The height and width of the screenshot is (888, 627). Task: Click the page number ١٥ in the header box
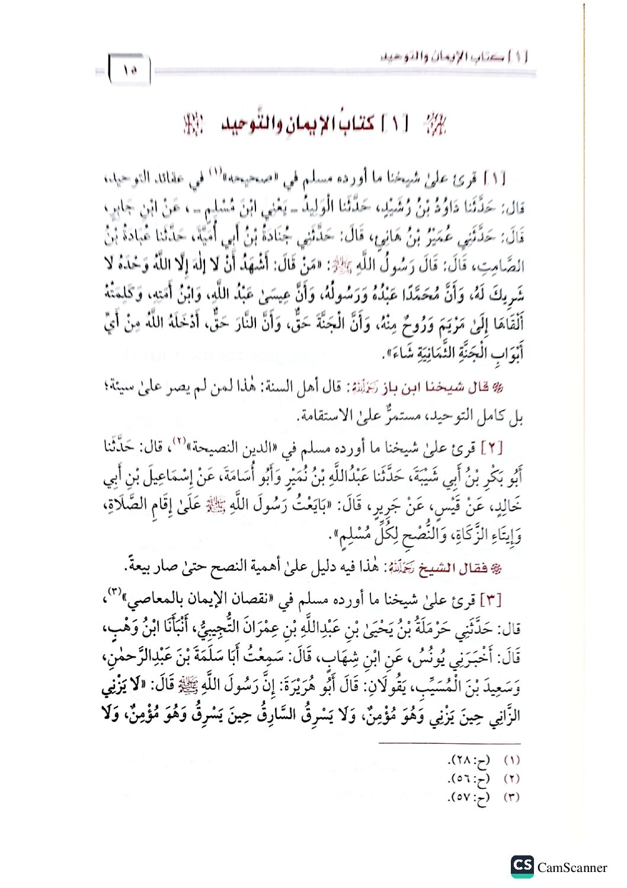pos(130,70)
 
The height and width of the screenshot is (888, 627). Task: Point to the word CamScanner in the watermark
pos(572,867)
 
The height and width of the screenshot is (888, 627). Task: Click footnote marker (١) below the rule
pos(511,760)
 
